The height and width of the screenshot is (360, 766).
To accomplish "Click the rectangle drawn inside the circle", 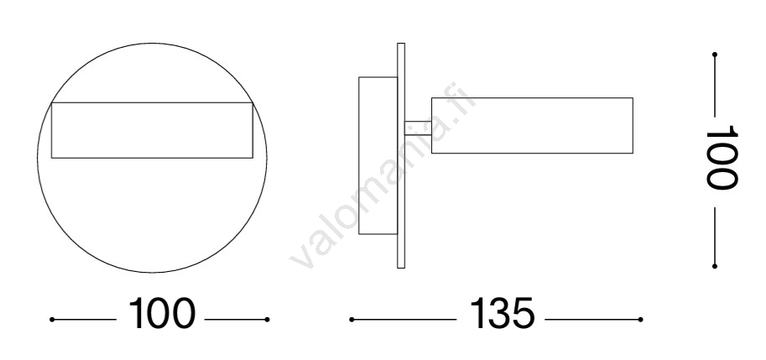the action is tap(152, 103).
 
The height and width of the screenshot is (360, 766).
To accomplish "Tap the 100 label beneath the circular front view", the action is tap(161, 314).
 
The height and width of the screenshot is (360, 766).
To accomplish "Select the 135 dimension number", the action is tap(503, 314).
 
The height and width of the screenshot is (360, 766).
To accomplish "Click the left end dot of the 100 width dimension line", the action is tap(52, 320).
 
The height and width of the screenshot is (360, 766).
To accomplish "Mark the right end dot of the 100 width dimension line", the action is tap(268, 320).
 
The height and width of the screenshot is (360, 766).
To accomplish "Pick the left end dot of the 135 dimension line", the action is tap(352, 320).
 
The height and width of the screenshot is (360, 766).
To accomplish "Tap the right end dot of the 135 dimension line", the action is tap(640, 320).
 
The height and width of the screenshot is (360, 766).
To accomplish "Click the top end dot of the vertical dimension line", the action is tap(715, 55).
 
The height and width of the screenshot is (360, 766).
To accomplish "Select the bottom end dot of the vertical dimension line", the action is tap(715, 266).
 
